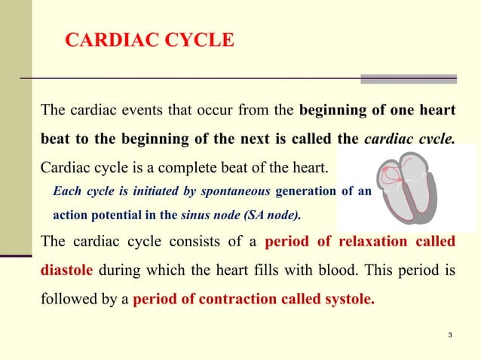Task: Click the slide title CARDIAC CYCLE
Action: tap(149, 41)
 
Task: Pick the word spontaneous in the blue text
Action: tap(234, 191)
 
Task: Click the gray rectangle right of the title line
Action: tap(408, 78)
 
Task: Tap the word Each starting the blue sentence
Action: tap(66, 191)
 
